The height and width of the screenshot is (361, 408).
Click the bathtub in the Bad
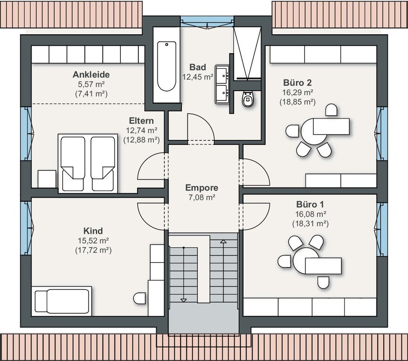166,65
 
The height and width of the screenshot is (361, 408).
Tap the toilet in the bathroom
247,99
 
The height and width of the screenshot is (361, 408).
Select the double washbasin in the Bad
222,84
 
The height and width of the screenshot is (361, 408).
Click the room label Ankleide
91,74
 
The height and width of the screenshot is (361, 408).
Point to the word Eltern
141,120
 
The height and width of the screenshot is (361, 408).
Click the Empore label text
202,188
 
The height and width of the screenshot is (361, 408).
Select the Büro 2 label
298,83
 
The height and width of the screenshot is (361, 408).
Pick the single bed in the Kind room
61,301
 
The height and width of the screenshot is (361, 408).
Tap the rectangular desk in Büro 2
331,126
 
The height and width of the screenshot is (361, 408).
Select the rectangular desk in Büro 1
323,266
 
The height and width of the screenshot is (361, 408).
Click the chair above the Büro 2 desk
331,110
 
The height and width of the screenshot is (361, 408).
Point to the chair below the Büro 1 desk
323,282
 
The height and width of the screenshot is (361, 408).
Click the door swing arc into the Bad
206,120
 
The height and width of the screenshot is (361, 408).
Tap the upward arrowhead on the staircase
223,241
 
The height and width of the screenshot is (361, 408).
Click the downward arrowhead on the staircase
183,300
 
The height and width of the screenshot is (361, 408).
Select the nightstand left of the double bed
47,179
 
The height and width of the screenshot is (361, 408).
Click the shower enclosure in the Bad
247,53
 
